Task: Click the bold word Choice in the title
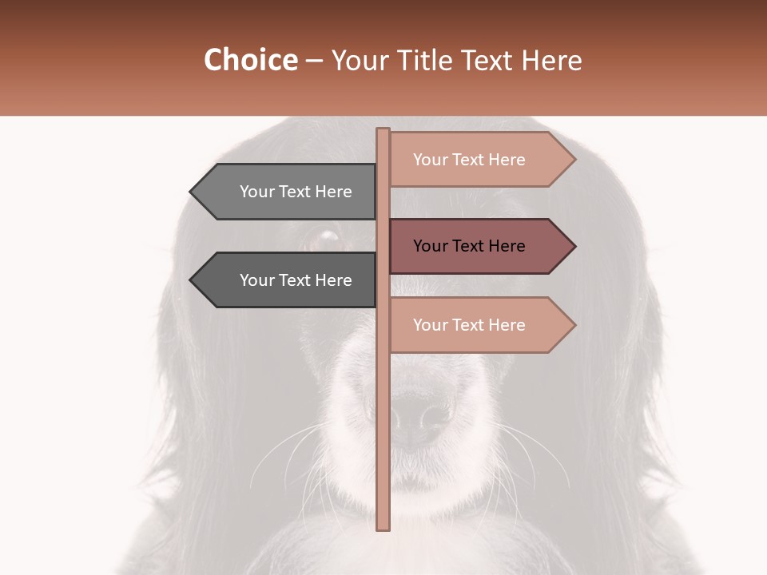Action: [x=250, y=61]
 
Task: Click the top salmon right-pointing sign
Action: [x=471, y=160]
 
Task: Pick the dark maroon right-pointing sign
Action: [x=471, y=246]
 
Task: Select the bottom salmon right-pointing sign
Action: [x=471, y=325]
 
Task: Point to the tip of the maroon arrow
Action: [x=574, y=246]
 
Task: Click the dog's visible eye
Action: [x=325, y=236]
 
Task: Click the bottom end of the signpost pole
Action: [x=383, y=527]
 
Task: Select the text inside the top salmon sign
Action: [x=469, y=160]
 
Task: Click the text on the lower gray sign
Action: [x=296, y=280]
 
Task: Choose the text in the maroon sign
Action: [x=469, y=246]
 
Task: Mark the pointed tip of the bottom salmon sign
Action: [x=574, y=325]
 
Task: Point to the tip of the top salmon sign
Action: [x=574, y=160]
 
